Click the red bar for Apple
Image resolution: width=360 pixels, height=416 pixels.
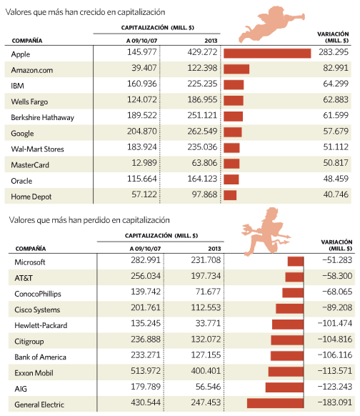click(267, 54)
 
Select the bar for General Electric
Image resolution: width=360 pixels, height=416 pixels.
click(275, 403)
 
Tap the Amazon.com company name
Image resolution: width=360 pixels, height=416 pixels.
click(32, 70)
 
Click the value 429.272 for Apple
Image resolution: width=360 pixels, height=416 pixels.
click(202, 52)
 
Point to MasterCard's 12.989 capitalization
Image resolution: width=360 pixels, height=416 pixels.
click(144, 163)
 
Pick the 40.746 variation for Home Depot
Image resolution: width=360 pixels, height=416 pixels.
click(336, 194)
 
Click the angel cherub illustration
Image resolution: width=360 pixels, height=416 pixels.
click(271, 24)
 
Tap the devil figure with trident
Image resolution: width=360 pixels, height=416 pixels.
click(266, 232)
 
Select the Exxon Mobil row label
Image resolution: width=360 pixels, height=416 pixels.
click(34, 373)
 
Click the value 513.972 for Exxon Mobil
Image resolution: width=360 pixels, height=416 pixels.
click(146, 371)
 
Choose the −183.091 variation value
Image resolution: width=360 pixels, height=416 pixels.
click(335, 402)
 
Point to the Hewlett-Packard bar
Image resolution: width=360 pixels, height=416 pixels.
click(288, 325)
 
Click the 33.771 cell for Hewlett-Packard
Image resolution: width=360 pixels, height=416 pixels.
click(208, 323)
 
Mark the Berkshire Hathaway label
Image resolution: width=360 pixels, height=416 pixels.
click(42, 117)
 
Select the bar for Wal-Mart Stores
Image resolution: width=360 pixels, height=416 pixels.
click(231, 148)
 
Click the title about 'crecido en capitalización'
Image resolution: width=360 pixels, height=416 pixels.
click(86, 12)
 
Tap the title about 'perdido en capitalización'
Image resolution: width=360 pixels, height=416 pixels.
click(89, 220)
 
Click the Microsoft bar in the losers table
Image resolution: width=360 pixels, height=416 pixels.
click(296, 262)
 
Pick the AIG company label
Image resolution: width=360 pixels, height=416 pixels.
click(21, 389)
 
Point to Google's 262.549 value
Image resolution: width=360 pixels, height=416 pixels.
click(202, 131)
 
